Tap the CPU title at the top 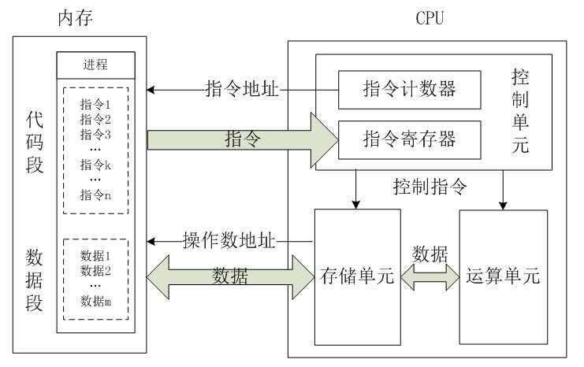click(x=430, y=17)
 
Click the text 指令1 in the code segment click(x=95, y=104)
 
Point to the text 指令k click(x=95, y=165)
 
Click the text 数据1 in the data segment click(x=96, y=256)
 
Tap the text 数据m click(x=96, y=300)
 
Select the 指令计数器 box click(x=410, y=90)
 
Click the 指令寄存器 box click(x=410, y=141)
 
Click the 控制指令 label click(x=431, y=187)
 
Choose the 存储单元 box click(x=357, y=276)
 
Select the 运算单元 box click(x=503, y=276)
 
